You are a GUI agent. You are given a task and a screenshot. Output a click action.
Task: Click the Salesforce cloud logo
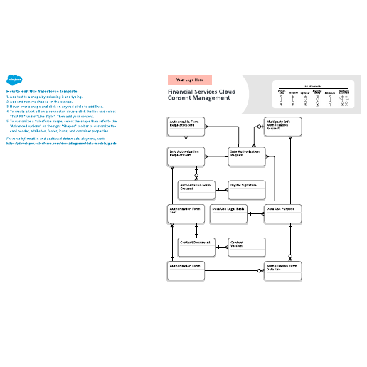tap(13, 80)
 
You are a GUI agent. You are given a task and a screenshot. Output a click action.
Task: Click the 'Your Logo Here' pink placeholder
tap(189, 80)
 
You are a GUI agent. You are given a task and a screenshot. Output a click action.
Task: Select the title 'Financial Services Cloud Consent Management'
tap(201, 95)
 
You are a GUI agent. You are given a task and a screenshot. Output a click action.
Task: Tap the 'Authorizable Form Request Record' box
tap(187, 127)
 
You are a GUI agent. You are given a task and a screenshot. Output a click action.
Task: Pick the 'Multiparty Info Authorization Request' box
tap(283, 127)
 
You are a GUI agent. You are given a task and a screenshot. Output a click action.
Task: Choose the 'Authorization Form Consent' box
tap(197, 190)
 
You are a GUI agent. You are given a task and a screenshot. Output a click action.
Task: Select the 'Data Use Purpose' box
tap(283, 214)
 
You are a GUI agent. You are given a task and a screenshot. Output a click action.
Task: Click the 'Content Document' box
tap(197, 246)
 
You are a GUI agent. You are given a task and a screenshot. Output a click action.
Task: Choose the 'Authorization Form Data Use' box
tap(283, 271)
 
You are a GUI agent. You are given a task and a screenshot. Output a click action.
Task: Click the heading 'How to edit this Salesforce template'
tap(41, 92)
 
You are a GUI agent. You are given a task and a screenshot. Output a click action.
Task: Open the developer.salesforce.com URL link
tap(60, 143)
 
